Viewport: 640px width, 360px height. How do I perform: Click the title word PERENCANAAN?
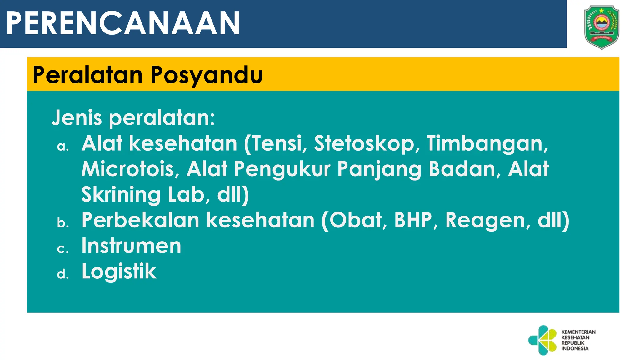pos(123,23)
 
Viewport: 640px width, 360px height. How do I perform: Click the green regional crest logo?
pos(601,27)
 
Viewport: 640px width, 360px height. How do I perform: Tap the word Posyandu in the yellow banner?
pos(207,75)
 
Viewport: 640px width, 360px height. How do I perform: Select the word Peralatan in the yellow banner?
pos(87,75)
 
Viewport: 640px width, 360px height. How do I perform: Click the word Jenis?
pos(77,118)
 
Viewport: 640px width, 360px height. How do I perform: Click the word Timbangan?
pos(487,144)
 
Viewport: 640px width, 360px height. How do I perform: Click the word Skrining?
pos(121,195)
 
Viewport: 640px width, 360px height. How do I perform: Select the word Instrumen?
pos(131,246)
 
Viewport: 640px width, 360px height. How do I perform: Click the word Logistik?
pos(119,272)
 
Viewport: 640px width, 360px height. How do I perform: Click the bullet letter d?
pos(63,274)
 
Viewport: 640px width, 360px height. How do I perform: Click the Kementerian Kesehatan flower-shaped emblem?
pos(543,340)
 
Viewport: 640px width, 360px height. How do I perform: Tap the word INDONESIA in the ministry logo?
pos(575,348)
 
